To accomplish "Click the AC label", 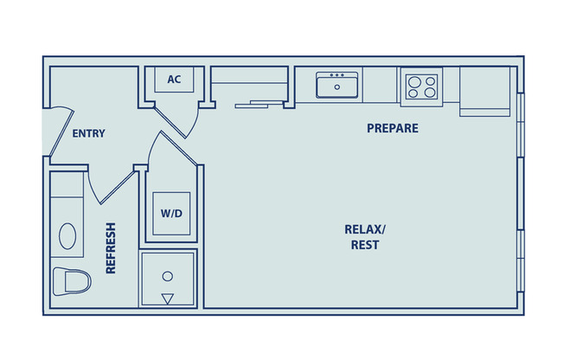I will coord(174,80).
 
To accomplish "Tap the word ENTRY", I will coord(88,133).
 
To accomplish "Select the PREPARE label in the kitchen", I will coord(392,128).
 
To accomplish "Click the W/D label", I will coord(171,214).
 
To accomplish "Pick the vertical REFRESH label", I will coord(111,248).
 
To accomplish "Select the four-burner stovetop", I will coord(420,86).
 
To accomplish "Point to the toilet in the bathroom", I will coord(72,281).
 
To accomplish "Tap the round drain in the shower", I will coord(168,276).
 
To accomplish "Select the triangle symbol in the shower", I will coord(168,299).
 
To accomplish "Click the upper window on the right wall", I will coord(520,125).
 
